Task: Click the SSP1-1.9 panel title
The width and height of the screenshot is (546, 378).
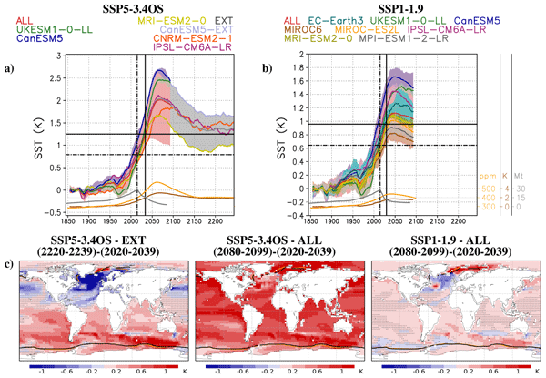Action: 399,6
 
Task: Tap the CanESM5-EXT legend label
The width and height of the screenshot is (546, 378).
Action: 180,27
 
